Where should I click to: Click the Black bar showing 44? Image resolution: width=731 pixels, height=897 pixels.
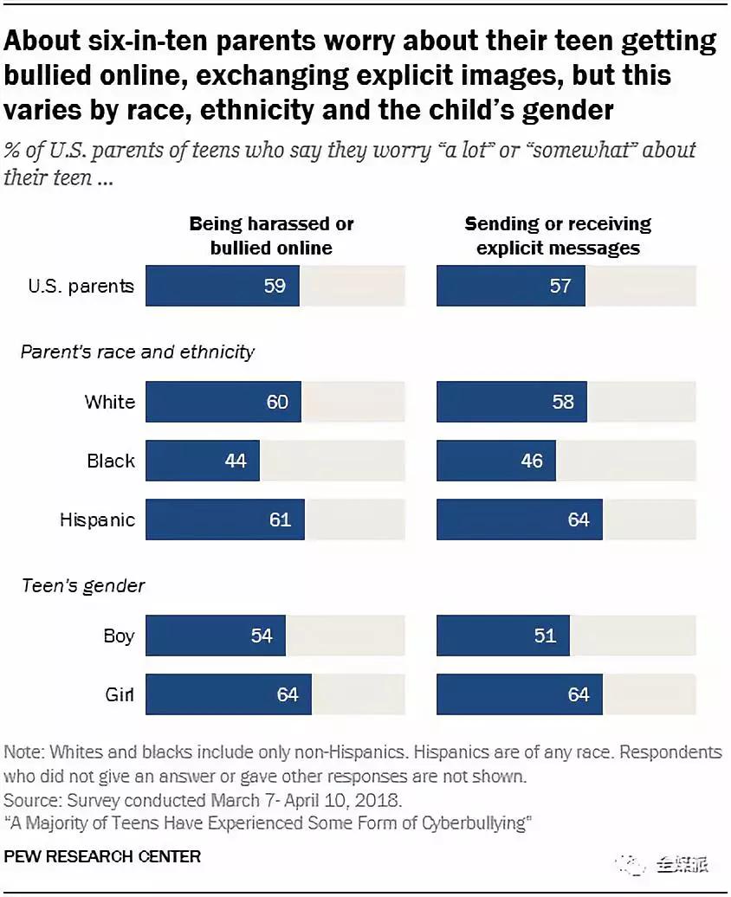click(203, 461)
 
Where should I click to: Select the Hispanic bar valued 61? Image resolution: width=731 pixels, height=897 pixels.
click(225, 519)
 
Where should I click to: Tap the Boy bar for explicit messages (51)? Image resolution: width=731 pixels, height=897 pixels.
click(503, 636)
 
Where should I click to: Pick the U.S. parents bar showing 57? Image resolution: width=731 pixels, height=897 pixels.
click(511, 285)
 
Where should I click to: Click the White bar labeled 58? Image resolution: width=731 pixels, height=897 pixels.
click(512, 402)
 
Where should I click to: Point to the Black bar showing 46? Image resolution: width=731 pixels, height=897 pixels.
click(496, 461)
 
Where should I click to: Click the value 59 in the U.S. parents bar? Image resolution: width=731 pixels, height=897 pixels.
click(275, 285)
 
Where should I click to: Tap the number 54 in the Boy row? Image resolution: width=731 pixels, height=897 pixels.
click(261, 636)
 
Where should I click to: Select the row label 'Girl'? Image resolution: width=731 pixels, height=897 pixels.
click(119, 694)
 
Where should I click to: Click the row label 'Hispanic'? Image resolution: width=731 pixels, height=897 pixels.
click(97, 519)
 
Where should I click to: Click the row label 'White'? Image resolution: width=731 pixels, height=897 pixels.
click(110, 402)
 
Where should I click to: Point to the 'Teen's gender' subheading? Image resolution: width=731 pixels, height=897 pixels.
click(83, 586)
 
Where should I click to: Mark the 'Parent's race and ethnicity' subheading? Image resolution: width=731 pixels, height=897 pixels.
click(138, 352)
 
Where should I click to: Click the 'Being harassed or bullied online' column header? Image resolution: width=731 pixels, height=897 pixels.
click(271, 236)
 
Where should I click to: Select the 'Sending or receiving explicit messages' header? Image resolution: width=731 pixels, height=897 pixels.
click(558, 236)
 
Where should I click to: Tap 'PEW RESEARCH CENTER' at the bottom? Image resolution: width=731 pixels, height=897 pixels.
click(103, 856)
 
